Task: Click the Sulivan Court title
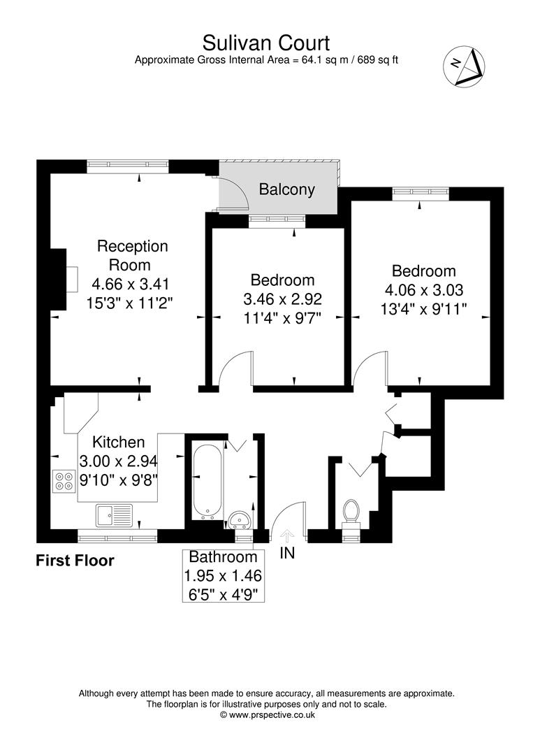click(266, 43)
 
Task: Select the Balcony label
click(286, 189)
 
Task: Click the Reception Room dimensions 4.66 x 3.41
click(131, 285)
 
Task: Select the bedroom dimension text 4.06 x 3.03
click(424, 289)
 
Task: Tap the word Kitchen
click(119, 442)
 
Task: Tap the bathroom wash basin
click(240, 519)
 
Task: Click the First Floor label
click(75, 561)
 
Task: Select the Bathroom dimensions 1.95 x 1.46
click(224, 577)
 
